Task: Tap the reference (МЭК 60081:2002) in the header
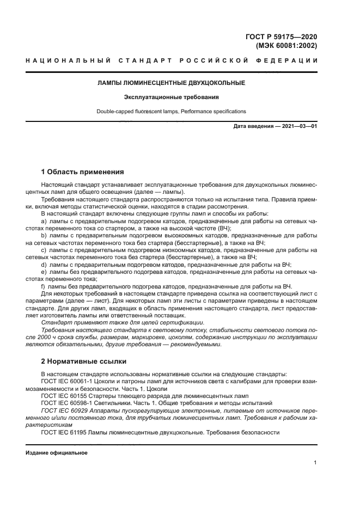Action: tap(286, 46)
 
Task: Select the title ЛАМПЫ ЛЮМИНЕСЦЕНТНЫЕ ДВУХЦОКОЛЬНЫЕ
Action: tap(171, 83)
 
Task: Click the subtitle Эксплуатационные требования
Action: tap(171, 97)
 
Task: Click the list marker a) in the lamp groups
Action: tap(44, 222)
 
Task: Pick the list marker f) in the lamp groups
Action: tap(44, 286)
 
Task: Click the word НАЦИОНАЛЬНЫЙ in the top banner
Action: tap(61, 60)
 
